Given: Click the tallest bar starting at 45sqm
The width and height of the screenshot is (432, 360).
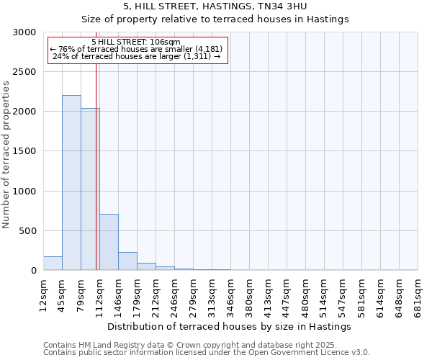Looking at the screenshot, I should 71,183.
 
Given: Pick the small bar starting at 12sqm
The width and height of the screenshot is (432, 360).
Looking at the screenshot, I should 53,264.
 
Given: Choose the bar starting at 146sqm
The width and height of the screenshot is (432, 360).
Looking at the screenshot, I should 127,261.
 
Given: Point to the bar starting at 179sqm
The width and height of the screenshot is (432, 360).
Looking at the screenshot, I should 146,266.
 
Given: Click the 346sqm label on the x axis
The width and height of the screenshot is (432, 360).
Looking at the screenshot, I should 230,294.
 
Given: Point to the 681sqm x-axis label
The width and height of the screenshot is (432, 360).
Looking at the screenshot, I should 418,294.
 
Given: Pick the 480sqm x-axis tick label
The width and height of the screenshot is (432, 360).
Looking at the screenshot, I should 305,294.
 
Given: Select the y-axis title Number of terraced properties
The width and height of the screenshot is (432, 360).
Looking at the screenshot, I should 6,155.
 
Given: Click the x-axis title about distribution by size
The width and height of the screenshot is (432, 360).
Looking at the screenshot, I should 230,326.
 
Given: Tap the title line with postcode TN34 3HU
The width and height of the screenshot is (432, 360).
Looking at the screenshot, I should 216,6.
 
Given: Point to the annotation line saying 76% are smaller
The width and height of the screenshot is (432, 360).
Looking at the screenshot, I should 136,49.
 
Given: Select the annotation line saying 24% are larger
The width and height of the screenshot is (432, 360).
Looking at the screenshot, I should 136,56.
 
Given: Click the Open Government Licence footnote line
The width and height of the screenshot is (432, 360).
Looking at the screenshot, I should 207,352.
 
